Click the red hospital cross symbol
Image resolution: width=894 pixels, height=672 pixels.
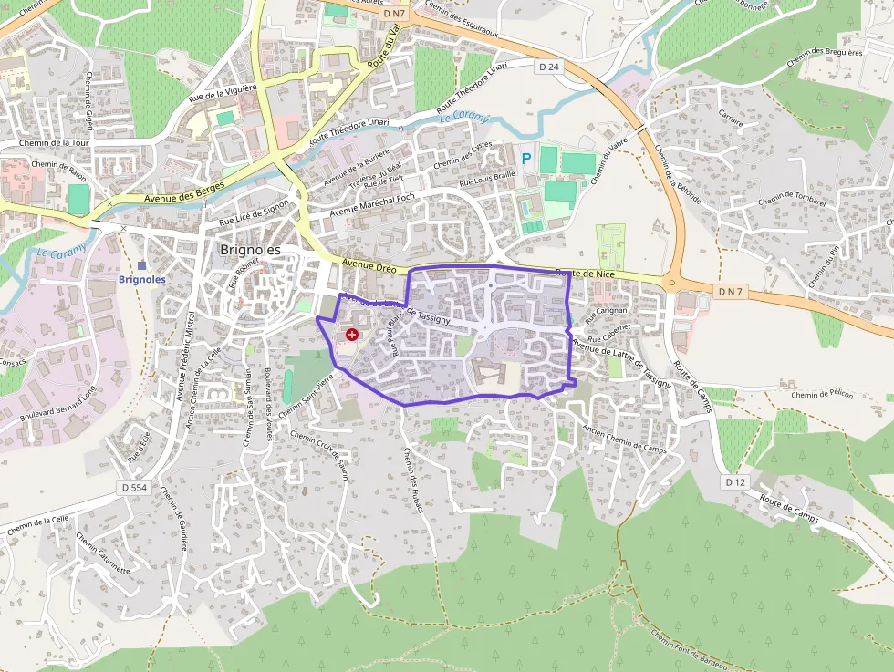(352, 336)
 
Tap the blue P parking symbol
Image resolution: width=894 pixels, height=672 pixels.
(526, 159)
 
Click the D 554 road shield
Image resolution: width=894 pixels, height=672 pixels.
(133, 489)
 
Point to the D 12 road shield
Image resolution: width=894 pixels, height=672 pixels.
(736, 481)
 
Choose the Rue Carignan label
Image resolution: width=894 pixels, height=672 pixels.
(608, 316)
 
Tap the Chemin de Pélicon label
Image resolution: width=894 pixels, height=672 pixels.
(822, 395)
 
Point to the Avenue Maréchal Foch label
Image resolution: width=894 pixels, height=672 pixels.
(372, 204)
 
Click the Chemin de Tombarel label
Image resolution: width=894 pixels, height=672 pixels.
(791, 199)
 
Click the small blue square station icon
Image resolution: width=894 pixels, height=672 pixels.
(142, 264)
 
